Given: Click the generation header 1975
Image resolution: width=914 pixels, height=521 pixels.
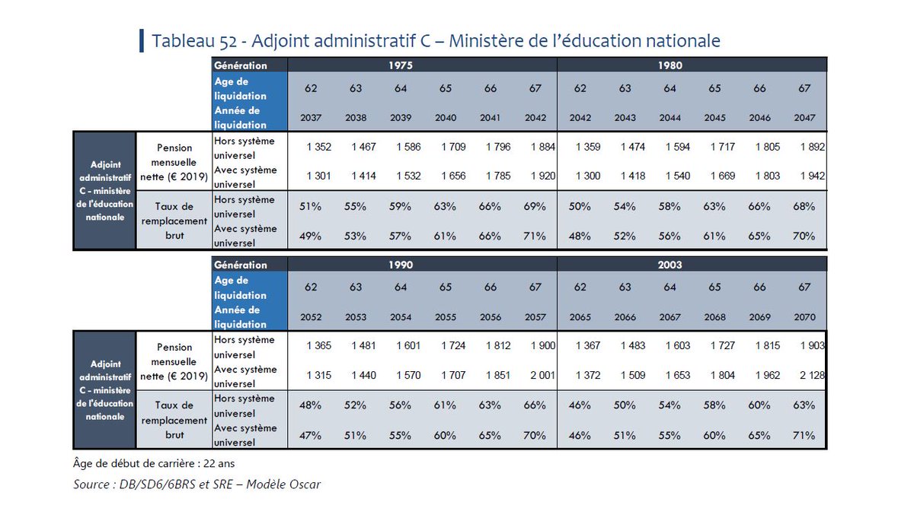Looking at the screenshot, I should (400, 65).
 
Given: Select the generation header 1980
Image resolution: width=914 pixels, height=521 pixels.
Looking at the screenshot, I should (670, 65).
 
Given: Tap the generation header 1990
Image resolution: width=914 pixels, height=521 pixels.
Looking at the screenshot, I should (400, 265).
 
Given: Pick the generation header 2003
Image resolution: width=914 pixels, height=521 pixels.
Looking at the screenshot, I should (670, 265).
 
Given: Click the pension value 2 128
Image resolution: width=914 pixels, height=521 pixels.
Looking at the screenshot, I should (813, 375).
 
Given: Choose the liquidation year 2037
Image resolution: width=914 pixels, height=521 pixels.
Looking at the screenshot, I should (311, 118).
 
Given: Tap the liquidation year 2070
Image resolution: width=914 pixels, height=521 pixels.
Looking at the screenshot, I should (804, 317).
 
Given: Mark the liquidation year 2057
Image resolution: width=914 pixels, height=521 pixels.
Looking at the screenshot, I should (535, 317).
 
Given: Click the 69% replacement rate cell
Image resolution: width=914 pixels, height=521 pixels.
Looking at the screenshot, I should (535, 206).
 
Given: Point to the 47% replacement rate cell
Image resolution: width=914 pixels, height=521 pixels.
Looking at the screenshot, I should (311, 436).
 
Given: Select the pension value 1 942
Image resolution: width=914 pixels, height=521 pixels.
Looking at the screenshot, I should (813, 176).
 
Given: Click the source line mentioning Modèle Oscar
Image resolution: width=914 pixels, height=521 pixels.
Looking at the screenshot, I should (197, 484).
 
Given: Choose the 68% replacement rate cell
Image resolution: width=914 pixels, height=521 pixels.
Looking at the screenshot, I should (804, 206).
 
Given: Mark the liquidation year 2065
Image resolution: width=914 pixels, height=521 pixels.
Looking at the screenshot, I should (580, 317).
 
